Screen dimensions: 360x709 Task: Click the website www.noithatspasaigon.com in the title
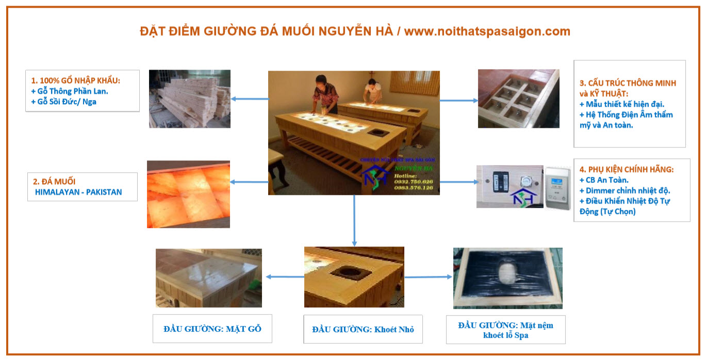click(x=487, y=31)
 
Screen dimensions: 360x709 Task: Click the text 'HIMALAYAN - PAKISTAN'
click(x=78, y=192)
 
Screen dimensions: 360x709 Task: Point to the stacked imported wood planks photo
click(x=189, y=99)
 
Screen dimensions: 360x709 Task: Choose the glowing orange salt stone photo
click(x=188, y=194)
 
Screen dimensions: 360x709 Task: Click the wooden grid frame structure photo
click(x=518, y=99)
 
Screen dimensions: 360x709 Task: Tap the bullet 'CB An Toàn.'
click(x=604, y=180)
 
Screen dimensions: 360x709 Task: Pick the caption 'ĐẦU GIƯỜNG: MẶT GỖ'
click(x=212, y=329)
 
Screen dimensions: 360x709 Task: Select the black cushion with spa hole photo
click(x=507, y=278)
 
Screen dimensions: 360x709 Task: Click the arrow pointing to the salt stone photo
click(x=249, y=182)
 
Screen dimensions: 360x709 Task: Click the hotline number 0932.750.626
click(x=414, y=182)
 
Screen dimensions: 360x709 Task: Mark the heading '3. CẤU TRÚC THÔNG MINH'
click(x=628, y=83)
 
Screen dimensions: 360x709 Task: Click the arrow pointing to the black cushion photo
click(x=428, y=277)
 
